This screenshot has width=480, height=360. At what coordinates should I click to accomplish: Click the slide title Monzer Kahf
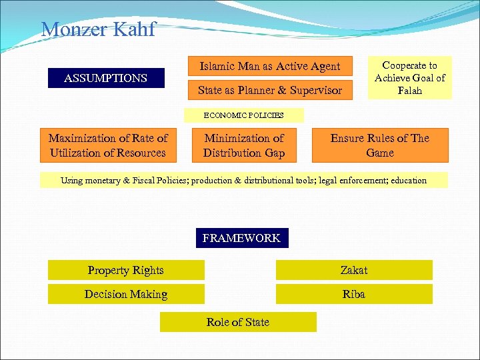click(98, 29)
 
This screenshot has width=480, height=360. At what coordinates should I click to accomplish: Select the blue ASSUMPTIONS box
click(105, 78)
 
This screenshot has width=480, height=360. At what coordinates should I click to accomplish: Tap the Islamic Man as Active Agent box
click(270, 66)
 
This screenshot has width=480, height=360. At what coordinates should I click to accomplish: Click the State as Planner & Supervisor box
click(270, 90)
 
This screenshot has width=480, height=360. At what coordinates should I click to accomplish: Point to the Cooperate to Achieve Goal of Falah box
click(409, 77)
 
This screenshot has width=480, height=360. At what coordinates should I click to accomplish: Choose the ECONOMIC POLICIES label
click(243, 115)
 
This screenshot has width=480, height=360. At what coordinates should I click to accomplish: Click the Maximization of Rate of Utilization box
click(108, 145)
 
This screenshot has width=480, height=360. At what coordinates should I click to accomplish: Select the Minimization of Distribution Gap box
click(244, 145)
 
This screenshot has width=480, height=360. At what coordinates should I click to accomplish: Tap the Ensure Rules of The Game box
click(380, 145)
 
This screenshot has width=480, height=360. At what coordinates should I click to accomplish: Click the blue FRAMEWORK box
click(241, 238)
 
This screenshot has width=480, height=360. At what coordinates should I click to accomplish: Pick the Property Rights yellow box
click(126, 270)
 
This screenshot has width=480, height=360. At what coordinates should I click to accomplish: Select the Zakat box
click(354, 270)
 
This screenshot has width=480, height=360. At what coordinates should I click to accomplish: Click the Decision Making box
click(126, 294)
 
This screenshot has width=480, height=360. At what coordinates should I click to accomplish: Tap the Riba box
click(354, 294)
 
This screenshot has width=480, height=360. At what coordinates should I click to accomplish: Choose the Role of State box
click(238, 322)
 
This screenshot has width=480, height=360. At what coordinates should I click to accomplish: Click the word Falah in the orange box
click(410, 90)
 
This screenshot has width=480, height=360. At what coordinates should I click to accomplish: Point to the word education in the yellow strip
click(408, 181)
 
